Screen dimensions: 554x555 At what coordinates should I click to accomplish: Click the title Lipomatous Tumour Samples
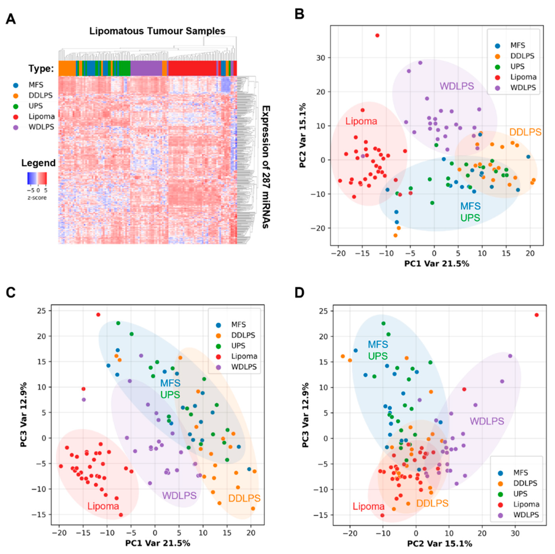[x=157, y=31]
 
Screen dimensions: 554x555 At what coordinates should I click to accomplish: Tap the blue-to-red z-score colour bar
[x=37, y=178]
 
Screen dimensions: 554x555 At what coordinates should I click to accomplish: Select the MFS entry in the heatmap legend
[x=36, y=85]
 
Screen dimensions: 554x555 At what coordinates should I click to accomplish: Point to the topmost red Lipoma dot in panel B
[x=377, y=35]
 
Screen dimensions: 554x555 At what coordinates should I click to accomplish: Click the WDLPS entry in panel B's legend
[x=523, y=88]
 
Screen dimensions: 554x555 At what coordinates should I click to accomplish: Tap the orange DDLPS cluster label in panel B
[x=525, y=132]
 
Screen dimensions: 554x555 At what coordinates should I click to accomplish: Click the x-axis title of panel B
[x=437, y=264]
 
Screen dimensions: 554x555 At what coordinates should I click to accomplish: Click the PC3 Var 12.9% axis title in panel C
[x=24, y=414]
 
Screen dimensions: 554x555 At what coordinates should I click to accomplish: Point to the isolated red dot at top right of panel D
[x=536, y=315]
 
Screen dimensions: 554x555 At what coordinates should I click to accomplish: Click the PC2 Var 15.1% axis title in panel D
[x=440, y=543]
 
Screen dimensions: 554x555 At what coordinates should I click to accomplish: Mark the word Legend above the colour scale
[x=38, y=163]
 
